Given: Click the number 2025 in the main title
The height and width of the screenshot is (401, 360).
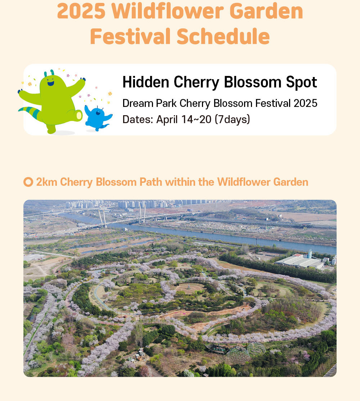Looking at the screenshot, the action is click(x=81, y=11).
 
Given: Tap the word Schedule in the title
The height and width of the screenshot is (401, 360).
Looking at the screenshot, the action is click(x=223, y=36).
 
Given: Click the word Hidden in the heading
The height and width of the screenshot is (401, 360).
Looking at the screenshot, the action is click(x=146, y=82).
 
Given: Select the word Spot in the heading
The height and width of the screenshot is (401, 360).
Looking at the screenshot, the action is click(x=301, y=82).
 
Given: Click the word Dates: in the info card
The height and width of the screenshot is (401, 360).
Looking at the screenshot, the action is click(x=138, y=120).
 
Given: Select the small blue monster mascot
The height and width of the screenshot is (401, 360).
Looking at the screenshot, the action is click(x=98, y=118).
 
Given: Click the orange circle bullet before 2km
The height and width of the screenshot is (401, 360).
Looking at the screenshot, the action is click(x=28, y=182).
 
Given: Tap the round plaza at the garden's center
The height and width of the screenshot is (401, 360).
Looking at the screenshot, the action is click(x=190, y=288).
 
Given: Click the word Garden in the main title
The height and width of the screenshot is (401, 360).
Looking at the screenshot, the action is click(x=266, y=11).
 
